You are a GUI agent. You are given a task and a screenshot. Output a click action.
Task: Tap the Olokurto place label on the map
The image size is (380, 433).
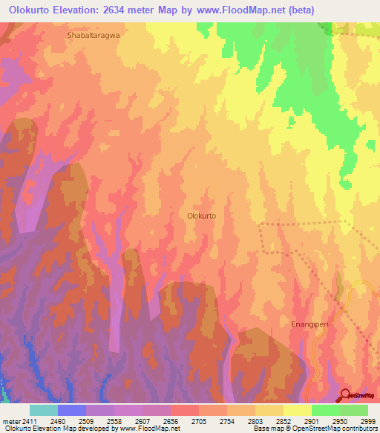201,216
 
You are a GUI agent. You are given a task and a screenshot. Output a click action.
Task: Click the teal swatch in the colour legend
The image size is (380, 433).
44,410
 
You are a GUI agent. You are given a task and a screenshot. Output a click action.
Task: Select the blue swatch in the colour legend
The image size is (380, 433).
72,410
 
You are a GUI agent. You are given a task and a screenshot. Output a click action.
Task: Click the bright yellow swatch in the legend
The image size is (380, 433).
297,410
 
